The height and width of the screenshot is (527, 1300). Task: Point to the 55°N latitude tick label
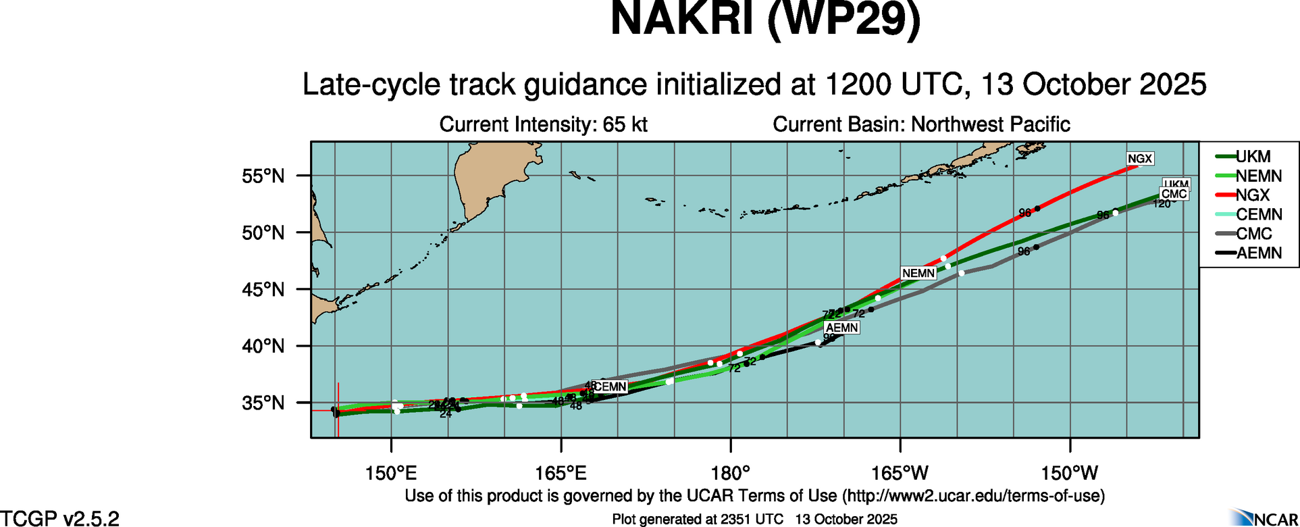pyautogui.click(x=263, y=176)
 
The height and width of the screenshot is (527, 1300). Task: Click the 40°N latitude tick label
pyautogui.click(x=263, y=347)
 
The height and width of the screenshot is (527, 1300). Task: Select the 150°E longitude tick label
pyautogui.click(x=391, y=473)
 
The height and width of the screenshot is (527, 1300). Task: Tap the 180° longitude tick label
pyautogui.click(x=731, y=473)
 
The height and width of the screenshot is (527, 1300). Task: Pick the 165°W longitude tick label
pyautogui.click(x=900, y=473)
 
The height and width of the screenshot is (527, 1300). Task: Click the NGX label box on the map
pyautogui.click(x=1140, y=159)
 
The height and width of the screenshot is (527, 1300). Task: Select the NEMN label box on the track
pyautogui.click(x=918, y=273)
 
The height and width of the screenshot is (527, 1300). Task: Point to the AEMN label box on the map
pyautogui.click(x=841, y=328)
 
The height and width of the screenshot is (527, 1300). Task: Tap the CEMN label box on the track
pyautogui.click(x=610, y=387)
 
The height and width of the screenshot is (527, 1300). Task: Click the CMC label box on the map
pyautogui.click(x=1174, y=194)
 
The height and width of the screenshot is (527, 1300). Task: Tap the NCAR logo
pyautogui.click(x=1263, y=518)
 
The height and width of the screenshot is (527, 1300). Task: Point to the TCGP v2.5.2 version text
pyautogui.click(x=59, y=518)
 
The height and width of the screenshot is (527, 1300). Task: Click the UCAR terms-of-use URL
pyautogui.click(x=972, y=496)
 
